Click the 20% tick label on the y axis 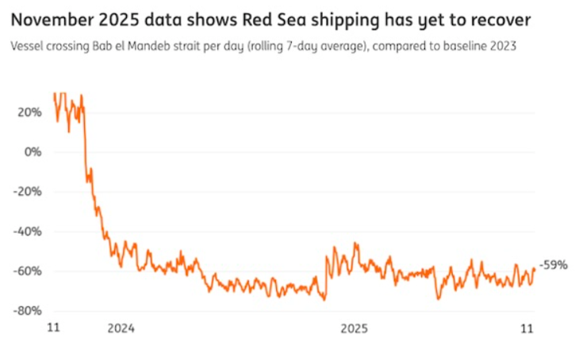(x=29, y=112)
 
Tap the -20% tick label (x=28, y=191)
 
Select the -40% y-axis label (x=28, y=232)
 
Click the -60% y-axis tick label (x=28, y=271)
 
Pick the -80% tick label (x=28, y=311)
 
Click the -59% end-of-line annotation (x=554, y=265)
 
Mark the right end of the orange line (x=535, y=268)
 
